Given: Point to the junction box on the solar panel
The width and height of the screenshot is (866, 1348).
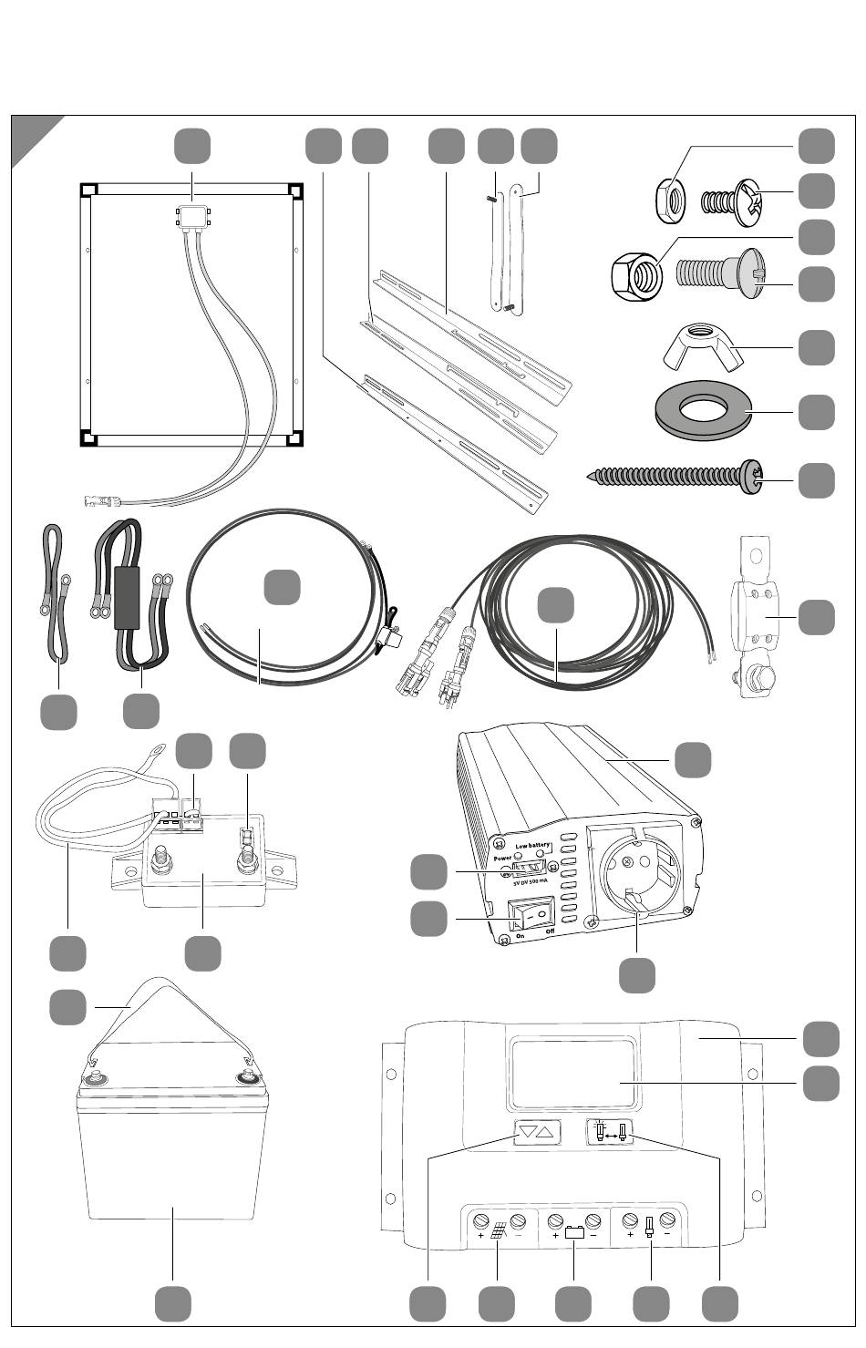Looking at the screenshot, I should point(192,217).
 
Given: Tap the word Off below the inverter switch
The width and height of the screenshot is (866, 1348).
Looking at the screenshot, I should point(549,932).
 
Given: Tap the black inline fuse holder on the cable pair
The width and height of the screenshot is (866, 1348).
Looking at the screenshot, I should point(129,599).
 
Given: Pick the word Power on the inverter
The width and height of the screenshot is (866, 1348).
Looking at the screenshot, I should point(500,858).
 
